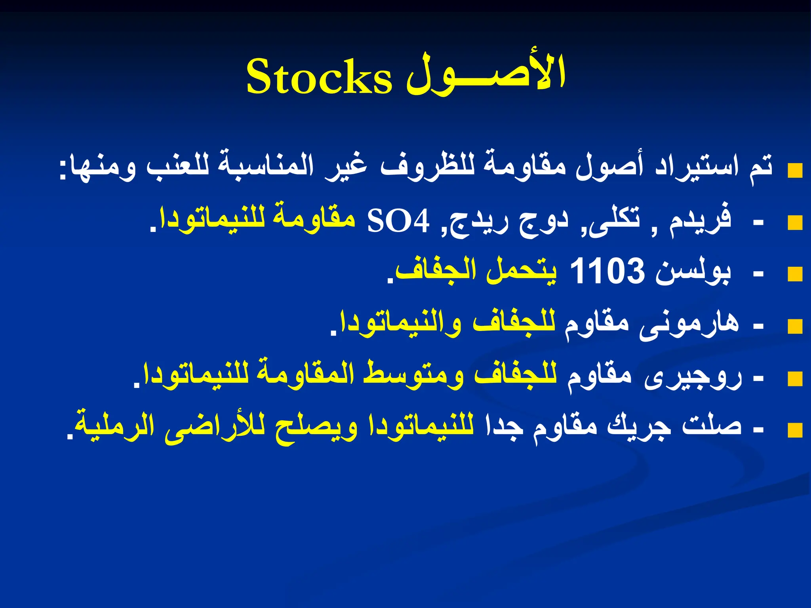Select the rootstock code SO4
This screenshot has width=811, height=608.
click(x=398, y=222)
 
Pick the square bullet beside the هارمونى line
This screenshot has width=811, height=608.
click(x=795, y=327)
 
